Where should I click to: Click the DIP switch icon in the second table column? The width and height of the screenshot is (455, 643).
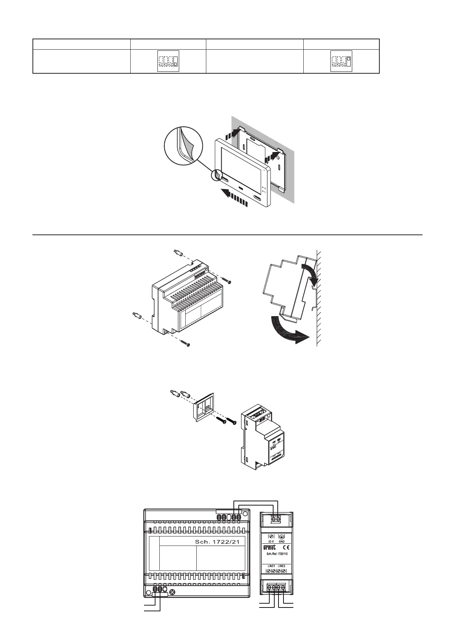coord(168,61)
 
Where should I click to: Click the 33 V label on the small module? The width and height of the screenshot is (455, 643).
coord(271,541)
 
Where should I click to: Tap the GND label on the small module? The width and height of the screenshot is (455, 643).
coord(282,541)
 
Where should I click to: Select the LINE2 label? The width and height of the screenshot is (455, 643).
coord(282,566)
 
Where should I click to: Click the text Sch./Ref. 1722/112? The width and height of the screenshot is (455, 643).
coord(276,554)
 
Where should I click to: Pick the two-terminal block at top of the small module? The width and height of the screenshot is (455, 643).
coord(276,518)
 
